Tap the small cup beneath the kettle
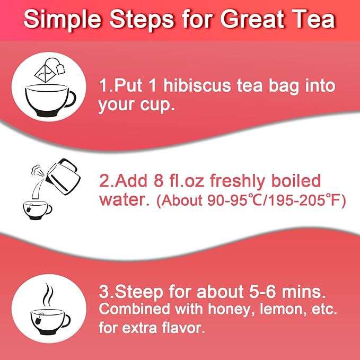point(36,208)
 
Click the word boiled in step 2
point(294,181)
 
